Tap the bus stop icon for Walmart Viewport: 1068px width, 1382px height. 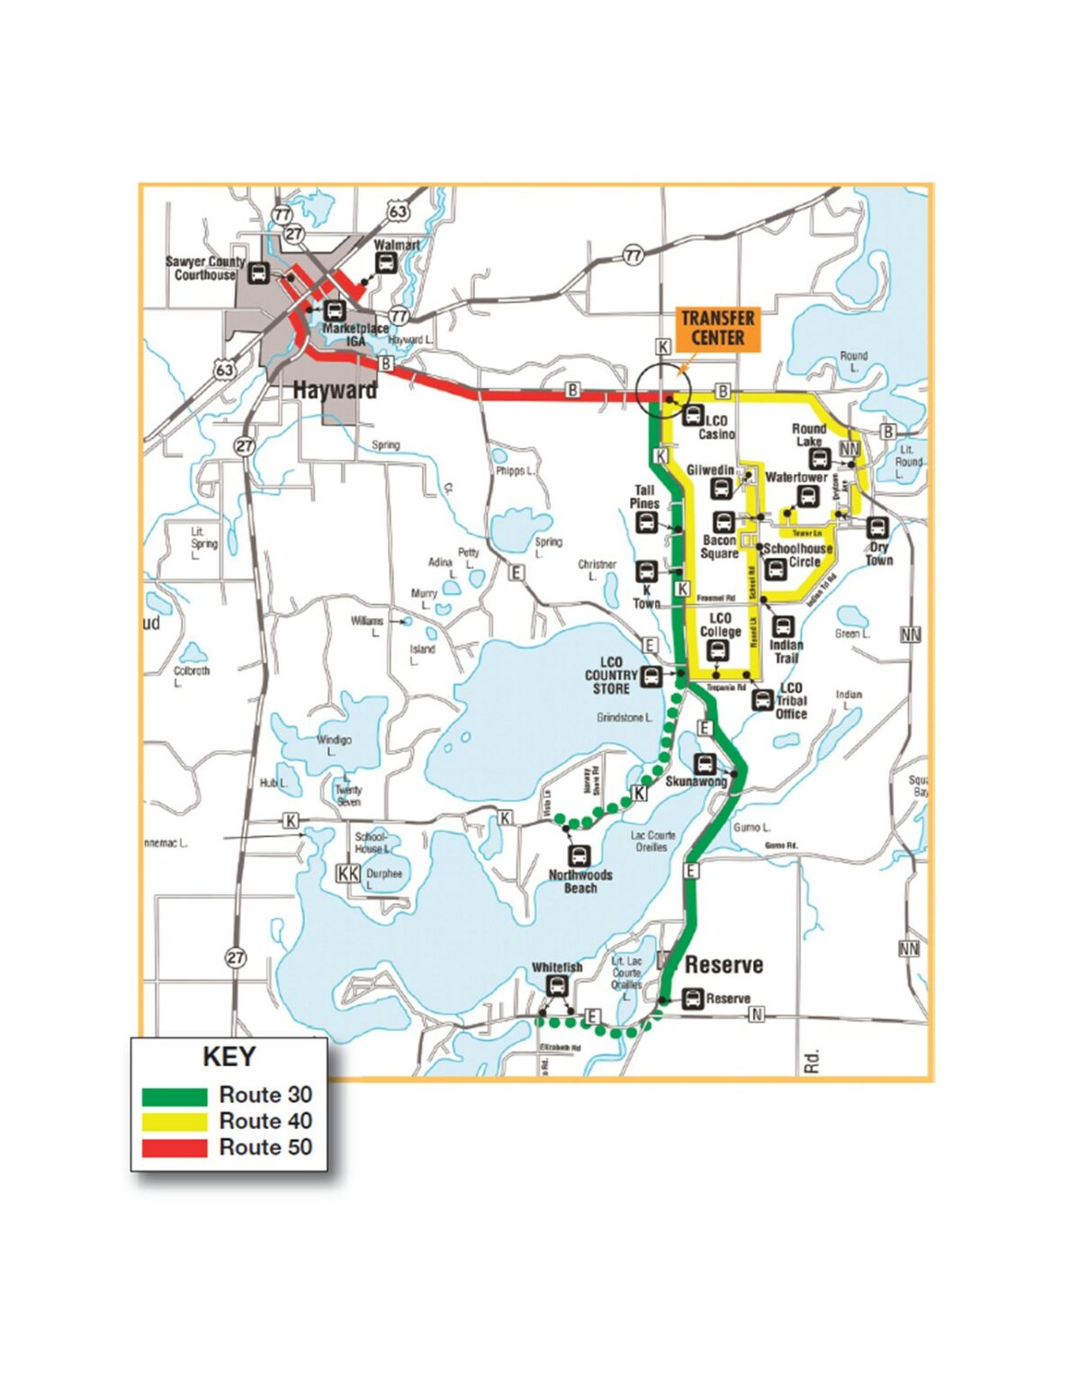click(385, 263)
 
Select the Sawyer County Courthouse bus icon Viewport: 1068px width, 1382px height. click(258, 274)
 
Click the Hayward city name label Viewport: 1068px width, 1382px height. click(335, 390)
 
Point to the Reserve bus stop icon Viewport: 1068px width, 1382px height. click(692, 999)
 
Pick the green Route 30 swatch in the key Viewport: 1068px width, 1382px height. click(175, 1096)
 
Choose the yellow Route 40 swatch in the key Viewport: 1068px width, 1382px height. click(175, 1122)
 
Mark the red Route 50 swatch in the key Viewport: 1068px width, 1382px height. click(175, 1148)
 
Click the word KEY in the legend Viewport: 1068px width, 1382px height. click(229, 1056)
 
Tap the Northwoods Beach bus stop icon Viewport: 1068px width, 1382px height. click(579, 855)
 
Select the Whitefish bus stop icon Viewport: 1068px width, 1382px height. click(557, 986)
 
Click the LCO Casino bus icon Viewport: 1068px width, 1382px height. click(693, 416)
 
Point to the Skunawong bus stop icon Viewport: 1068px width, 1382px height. click(705, 764)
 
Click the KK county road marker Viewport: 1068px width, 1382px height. click(347, 873)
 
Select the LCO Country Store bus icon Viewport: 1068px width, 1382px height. click(651, 677)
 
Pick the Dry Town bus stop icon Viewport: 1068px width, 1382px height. click(877, 527)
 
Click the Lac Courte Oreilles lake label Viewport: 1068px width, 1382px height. click(652, 841)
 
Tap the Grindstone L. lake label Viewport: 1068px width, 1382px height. click(624, 718)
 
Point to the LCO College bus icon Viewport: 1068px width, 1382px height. click(718, 655)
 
